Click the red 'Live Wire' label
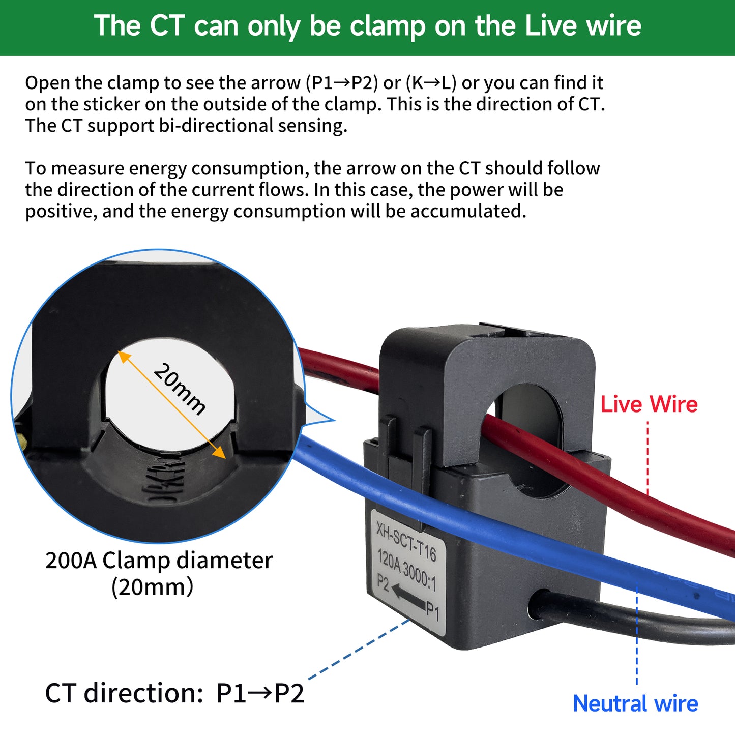(x=649, y=405)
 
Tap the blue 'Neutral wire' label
(x=635, y=704)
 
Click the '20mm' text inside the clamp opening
(x=180, y=389)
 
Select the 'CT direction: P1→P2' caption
(x=174, y=693)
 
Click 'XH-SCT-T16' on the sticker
(x=406, y=542)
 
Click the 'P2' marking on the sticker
(x=383, y=583)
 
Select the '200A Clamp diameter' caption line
(x=159, y=561)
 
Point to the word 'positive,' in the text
(x=61, y=211)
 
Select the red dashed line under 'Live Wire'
(x=648, y=458)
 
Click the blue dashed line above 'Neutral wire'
(x=637, y=636)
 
